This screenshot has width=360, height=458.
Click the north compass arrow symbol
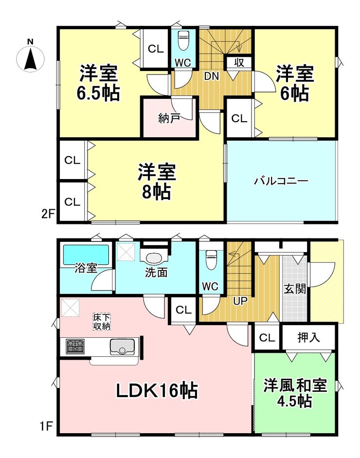coord(30,59)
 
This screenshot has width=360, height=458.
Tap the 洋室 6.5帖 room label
coord(98,83)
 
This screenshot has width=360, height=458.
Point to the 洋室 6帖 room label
coord(295,83)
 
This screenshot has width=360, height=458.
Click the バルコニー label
coord(281,182)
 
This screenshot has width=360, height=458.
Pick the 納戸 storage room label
coord(169,118)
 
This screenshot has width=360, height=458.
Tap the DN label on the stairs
coord(211,76)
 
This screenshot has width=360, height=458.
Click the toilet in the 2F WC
coord(183,41)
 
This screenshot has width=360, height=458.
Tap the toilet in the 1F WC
coord(211,259)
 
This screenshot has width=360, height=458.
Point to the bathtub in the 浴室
coord(86,254)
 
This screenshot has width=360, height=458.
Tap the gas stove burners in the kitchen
coord(75,347)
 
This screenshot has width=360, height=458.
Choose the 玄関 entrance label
coord(295,289)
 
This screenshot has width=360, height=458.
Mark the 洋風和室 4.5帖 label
coord(295,393)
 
